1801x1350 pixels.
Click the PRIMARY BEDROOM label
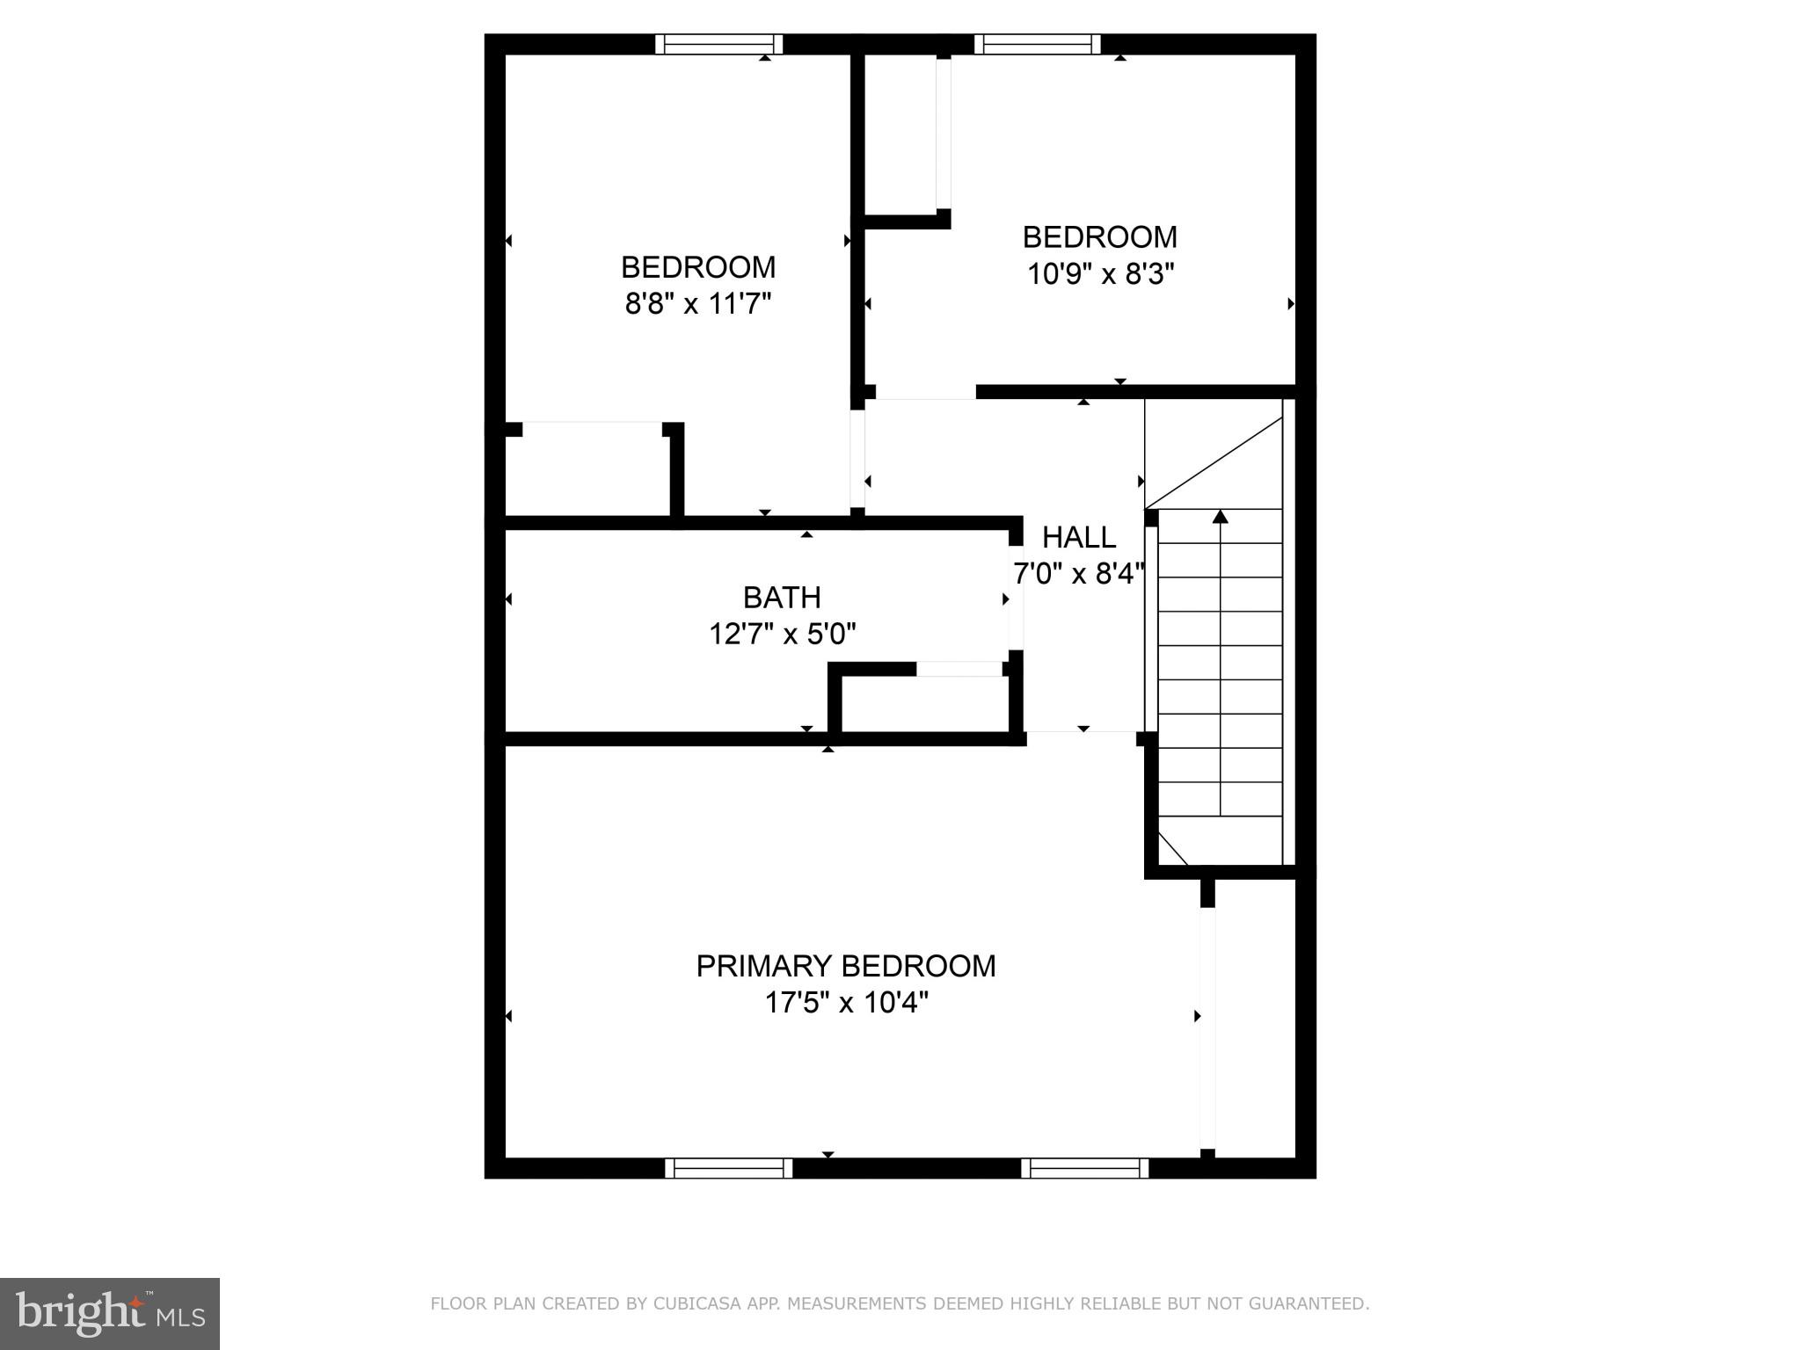pos(845,966)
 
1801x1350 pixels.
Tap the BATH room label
pos(782,598)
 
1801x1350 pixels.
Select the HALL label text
pos(1079,537)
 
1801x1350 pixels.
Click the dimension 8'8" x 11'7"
pos(698,304)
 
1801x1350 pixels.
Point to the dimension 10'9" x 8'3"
pos(1100,274)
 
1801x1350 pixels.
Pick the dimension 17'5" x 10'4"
pos(846,1002)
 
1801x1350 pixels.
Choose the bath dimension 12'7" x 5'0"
pos(782,634)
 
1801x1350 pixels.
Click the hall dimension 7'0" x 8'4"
pos(1079,574)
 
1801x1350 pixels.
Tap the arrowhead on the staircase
pos(1220,517)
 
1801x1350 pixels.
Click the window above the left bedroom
pos(719,44)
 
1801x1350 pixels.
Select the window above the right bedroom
pos(1038,44)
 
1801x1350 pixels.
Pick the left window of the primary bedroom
pos(728,1168)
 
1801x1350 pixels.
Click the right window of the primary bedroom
pos(1085,1168)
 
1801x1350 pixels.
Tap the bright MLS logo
pos(110,1313)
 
